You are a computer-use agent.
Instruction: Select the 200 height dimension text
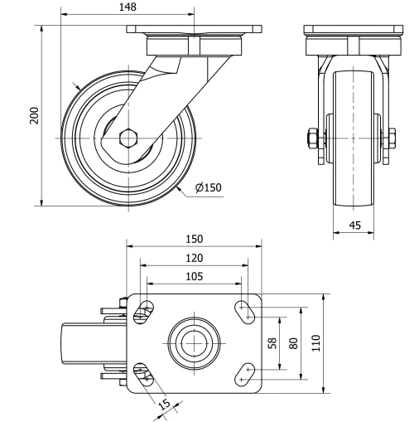click(x=34, y=114)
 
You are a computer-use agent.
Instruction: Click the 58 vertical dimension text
click(x=272, y=343)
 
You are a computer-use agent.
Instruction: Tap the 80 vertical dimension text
click(x=292, y=343)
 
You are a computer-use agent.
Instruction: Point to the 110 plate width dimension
click(x=315, y=343)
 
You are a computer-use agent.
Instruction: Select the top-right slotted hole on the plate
click(x=246, y=311)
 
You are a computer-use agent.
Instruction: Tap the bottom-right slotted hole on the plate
click(x=246, y=375)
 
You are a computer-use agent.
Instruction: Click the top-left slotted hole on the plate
click(x=143, y=313)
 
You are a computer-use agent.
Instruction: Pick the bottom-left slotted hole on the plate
click(x=143, y=374)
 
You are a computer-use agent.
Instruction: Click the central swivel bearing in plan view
click(x=193, y=343)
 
